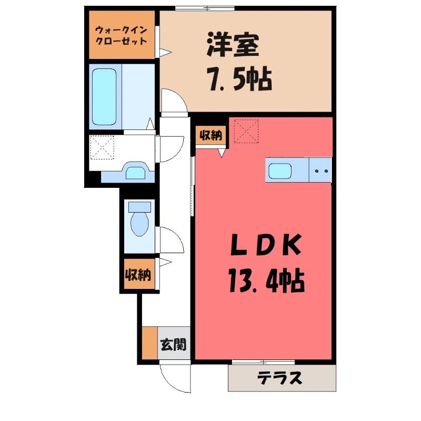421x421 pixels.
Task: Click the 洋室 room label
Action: pos(233,45)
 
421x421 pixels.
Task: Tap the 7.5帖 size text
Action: pos(239,79)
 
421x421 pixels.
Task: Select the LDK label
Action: pos(266,245)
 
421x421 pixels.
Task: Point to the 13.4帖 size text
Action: pos(266,282)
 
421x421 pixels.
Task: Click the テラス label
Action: pos(279,378)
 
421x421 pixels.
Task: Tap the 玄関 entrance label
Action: pos(174,345)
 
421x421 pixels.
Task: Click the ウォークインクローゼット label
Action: pos(122,35)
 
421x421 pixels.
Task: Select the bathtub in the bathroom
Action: pos(104,97)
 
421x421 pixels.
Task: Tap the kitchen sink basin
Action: pos(280,171)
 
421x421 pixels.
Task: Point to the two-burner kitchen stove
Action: pos(320,170)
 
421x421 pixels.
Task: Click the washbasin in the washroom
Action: pos(136,173)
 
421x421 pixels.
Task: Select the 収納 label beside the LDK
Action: pos(210,136)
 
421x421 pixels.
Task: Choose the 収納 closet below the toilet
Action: pos(139,274)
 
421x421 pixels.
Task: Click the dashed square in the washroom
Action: pos(102,148)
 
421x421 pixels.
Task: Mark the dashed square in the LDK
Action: pos(246,131)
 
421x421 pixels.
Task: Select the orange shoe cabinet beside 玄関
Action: pos(150,343)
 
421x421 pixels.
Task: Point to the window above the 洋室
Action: pos(205,8)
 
